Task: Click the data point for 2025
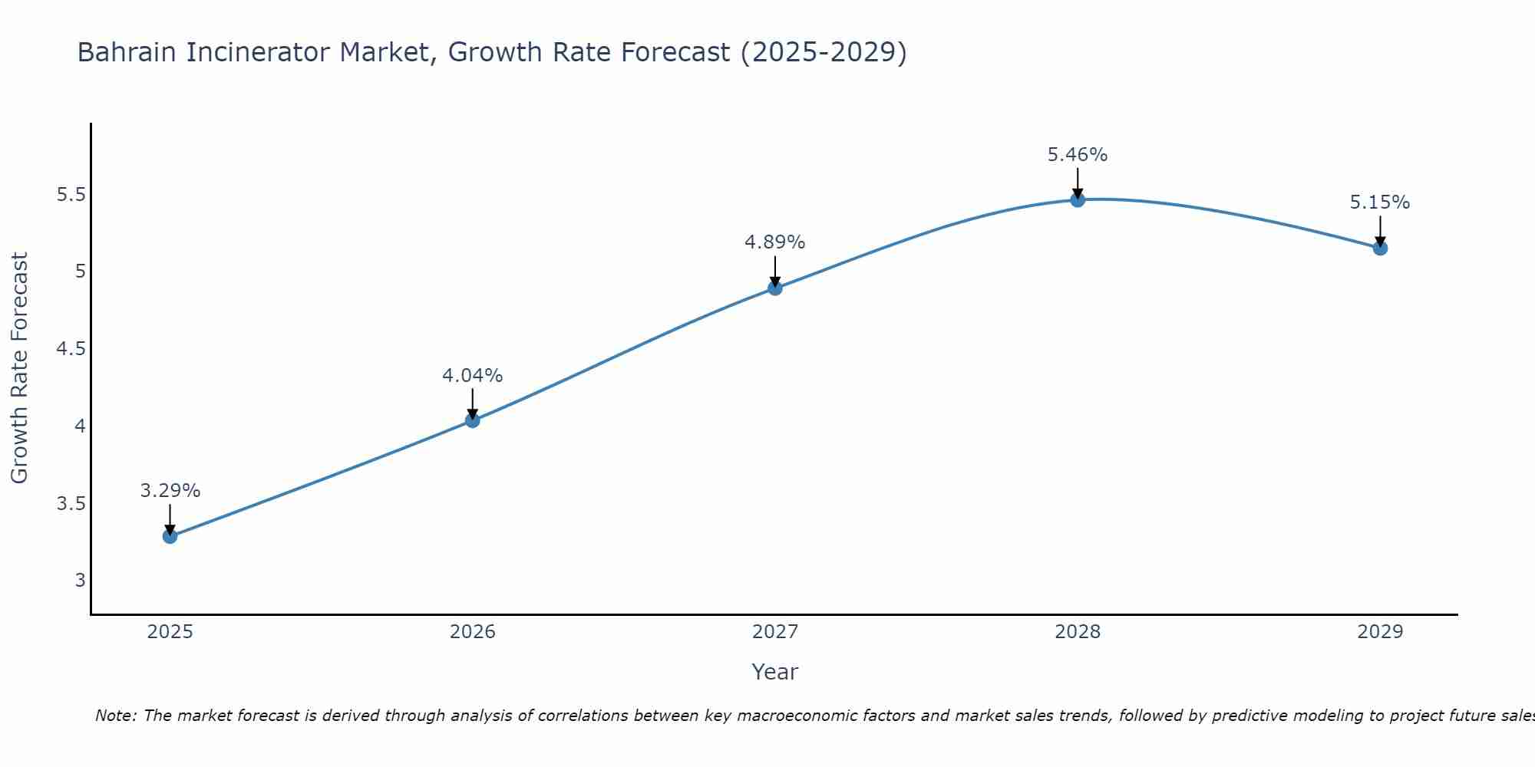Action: (170, 536)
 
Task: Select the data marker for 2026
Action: (472, 420)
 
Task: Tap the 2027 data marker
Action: (775, 288)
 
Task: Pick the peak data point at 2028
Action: (1078, 200)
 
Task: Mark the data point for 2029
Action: (1380, 248)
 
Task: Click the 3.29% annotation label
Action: (170, 491)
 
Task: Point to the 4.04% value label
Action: (472, 376)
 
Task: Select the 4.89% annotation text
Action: (775, 242)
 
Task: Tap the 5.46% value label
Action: (1078, 155)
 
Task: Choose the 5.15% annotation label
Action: (1380, 202)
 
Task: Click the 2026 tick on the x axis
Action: (472, 632)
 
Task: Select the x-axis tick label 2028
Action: (1078, 632)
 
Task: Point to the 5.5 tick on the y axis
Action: (71, 195)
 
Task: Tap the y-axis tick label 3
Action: (80, 581)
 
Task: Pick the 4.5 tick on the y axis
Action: (71, 349)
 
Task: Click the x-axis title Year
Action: (774, 672)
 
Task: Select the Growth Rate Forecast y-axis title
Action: (19, 368)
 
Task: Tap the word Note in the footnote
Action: (115, 716)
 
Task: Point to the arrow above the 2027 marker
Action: (775, 270)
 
